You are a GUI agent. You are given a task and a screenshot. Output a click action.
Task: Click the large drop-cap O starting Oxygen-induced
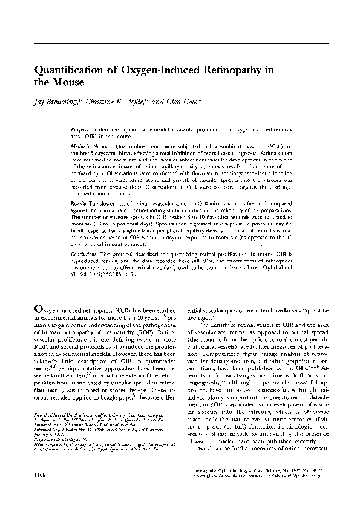38,308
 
